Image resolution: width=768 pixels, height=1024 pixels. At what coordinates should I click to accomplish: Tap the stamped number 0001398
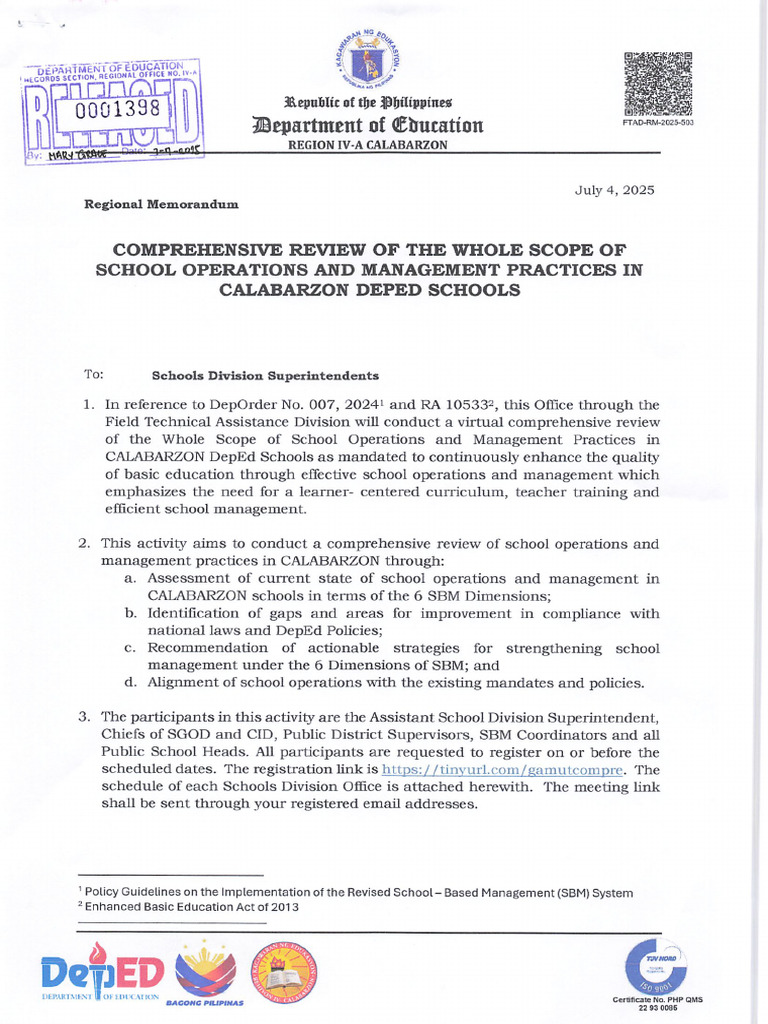(110, 108)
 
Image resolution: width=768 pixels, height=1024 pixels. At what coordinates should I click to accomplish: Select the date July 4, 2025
(614, 190)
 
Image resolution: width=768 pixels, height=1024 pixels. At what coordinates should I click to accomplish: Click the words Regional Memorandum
(162, 204)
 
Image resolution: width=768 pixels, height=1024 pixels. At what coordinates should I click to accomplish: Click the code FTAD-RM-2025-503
(658, 123)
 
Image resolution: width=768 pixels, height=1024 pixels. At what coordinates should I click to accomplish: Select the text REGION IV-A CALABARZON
(368, 145)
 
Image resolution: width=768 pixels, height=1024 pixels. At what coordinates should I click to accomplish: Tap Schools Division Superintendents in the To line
(265, 376)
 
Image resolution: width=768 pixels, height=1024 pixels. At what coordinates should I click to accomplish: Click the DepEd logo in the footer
(100, 972)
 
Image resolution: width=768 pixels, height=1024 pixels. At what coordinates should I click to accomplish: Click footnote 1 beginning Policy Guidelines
(355, 892)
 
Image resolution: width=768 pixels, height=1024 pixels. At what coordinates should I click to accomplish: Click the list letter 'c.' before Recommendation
(130, 648)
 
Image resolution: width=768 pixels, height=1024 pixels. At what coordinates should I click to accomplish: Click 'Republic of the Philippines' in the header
(368, 103)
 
